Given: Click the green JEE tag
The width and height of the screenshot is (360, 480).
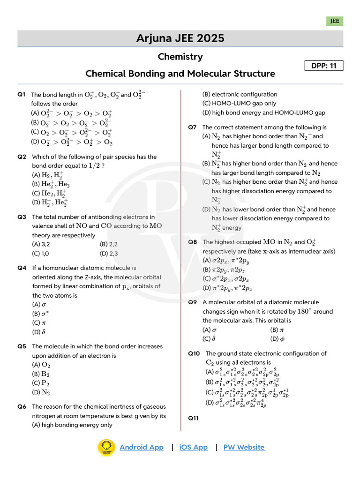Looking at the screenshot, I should tap(335, 21).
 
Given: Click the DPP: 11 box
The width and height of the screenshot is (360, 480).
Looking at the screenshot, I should tap(324, 66).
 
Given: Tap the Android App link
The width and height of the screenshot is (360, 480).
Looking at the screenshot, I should tap(142, 447).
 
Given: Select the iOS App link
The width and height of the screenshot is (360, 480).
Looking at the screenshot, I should tap(193, 447).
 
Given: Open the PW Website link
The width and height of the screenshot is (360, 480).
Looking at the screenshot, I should tap(244, 447).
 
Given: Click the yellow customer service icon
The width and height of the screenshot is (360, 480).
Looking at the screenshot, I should tap(106, 448).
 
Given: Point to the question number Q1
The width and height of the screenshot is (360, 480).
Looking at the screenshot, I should tap(22, 94).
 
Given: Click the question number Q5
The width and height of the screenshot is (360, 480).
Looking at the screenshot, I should tap(22, 346).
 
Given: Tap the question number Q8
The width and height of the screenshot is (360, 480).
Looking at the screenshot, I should tap(193, 242).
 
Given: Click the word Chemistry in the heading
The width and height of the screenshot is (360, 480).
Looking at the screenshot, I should tap(180, 57).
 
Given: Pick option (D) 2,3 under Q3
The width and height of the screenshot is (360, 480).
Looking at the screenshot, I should tap(108, 254).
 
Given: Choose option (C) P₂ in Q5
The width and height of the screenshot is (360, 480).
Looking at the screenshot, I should tap(40, 383).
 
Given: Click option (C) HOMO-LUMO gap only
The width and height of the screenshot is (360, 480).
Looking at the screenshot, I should tap(239, 104).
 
